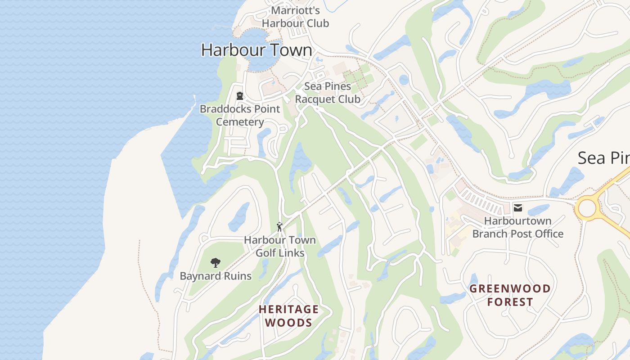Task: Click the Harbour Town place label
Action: coord(256,50)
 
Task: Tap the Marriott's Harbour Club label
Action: coord(295,17)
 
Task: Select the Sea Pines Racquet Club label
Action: coord(328,93)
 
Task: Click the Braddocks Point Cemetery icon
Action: coord(240,96)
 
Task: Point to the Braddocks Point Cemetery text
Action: coord(240,115)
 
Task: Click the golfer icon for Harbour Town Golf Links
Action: coord(280,227)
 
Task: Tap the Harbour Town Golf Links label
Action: coord(280,247)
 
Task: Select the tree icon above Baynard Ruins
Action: coord(216,263)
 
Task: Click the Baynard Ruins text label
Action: coord(216,276)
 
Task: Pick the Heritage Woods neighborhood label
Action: coord(288,316)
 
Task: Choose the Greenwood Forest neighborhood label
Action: coord(510,295)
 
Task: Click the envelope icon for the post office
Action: coord(518,207)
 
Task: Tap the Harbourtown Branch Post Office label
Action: coord(517,227)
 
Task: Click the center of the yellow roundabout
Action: coord(587,208)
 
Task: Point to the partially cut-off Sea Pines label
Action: coord(603,158)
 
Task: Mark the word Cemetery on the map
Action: coord(240,122)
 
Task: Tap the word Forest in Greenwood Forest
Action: coord(510,302)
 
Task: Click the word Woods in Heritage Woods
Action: coord(288,323)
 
